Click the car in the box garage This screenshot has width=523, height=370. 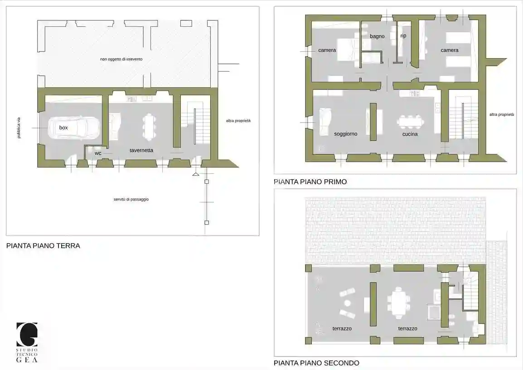pyautogui.click(x=74, y=128)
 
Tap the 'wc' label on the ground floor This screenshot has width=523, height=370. pyautogui.click(x=98, y=153)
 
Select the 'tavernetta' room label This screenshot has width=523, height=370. pyautogui.click(x=141, y=150)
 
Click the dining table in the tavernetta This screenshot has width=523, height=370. pyautogui.click(x=149, y=126)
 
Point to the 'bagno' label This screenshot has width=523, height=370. pyautogui.click(x=377, y=36)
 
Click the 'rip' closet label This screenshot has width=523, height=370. pyautogui.click(x=403, y=36)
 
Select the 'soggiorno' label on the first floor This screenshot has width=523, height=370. pyautogui.click(x=345, y=134)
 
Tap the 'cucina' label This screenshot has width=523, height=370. pyautogui.click(x=410, y=134)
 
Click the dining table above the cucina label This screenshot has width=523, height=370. pyautogui.click(x=410, y=122)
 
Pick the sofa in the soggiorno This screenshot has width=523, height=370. pyautogui.click(x=325, y=121)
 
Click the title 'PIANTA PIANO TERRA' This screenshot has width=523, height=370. pyautogui.click(x=43, y=246)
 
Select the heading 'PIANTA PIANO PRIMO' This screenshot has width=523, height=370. pyautogui.click(x=310, y=182)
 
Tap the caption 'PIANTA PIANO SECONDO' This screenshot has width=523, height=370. pyautogui.click(x=316, y=363)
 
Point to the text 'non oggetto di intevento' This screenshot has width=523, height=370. pyautogui.click(x=121, y=59)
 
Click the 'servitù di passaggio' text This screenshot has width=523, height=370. pyautogui.click(x=131, y=199)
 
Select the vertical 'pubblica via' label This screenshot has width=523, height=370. pyautogui.click(x=19, y=128)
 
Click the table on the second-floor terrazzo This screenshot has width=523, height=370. pyautogui.click(x=397, y=303)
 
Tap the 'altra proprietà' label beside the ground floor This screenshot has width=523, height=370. pyautogui.click(x=238, y=121)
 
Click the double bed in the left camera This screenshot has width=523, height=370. pyautogui.click(x=348, y=50)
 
